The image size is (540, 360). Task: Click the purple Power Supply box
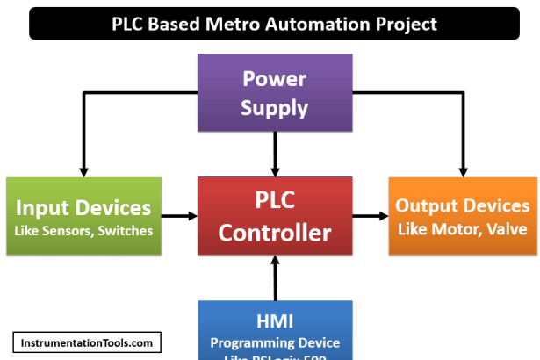pos(275,93)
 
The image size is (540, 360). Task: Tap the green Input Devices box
pos(83,217)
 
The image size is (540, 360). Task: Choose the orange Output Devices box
pos(462,216)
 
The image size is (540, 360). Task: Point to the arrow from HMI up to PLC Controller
pos(275,278)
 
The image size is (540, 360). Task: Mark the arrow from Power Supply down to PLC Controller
pos(275,154)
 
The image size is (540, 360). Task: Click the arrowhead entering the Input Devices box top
pos(83,169)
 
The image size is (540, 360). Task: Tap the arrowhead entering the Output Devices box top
pos(462,169)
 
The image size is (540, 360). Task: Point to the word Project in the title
pos(409,24)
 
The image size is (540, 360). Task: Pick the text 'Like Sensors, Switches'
pos(83,231)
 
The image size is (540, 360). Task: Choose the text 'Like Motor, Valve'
pos(462,229)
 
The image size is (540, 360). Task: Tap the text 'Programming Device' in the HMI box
pos(275,342)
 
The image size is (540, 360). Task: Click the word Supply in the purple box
pos(275,108)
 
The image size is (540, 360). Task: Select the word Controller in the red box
pos(275,234)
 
